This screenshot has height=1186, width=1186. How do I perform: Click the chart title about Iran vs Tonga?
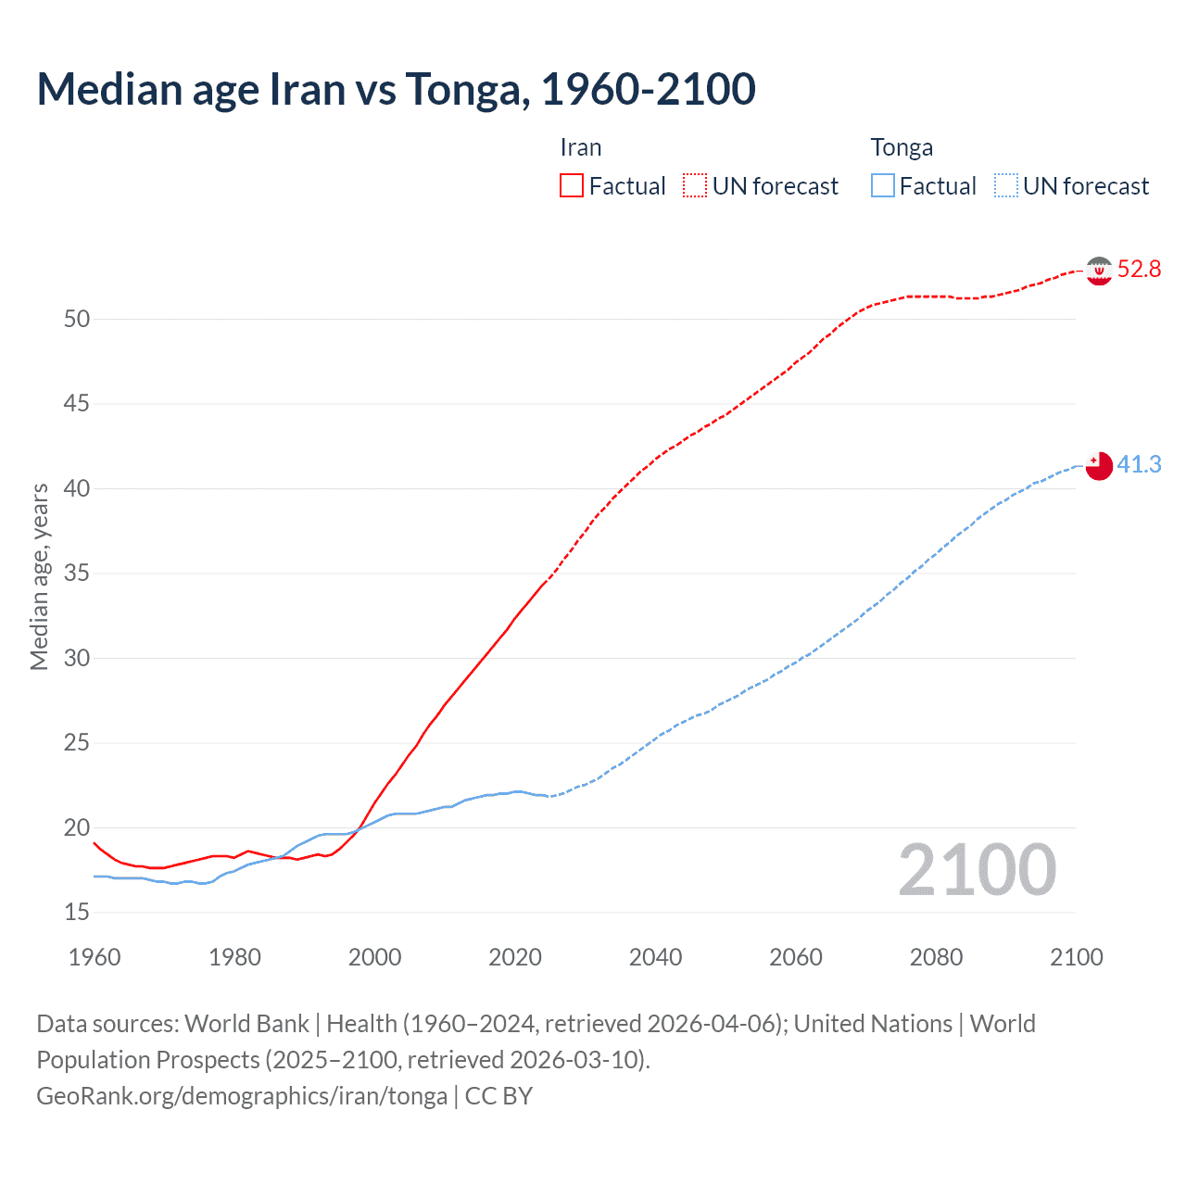coord(396,90)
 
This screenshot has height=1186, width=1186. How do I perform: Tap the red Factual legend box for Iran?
coord(572,186)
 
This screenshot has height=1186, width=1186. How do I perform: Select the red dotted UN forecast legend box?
coord(695,186)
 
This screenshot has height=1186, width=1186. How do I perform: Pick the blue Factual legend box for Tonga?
coord(882,186)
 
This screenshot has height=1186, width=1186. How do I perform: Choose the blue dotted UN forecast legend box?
coord(1005,186)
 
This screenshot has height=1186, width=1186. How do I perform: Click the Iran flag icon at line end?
coord(1099,271)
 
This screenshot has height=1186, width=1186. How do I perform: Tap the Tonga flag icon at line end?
coord(1099,465)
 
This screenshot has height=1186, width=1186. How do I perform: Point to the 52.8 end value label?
coord(1139,270)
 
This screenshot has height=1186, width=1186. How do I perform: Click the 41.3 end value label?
coord(1139,464)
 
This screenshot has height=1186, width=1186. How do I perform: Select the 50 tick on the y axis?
coord(77,319)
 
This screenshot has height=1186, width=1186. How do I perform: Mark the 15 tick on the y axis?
coord(77,913)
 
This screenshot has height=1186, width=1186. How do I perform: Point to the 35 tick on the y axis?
coord(77,574)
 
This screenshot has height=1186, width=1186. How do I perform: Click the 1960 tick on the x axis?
coord(95,957)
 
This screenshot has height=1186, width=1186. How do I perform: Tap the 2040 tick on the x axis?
coord(655,957)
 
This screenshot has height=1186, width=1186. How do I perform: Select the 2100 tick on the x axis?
coord(1076,957)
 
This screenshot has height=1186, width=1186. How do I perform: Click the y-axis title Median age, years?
coord(39,576)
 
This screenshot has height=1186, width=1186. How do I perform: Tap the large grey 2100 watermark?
coord(977,870)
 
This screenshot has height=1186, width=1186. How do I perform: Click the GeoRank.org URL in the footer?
coord(242,1096)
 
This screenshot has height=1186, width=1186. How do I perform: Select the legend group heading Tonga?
coord(902,148)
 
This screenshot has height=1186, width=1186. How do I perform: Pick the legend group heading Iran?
coord(581,148)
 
